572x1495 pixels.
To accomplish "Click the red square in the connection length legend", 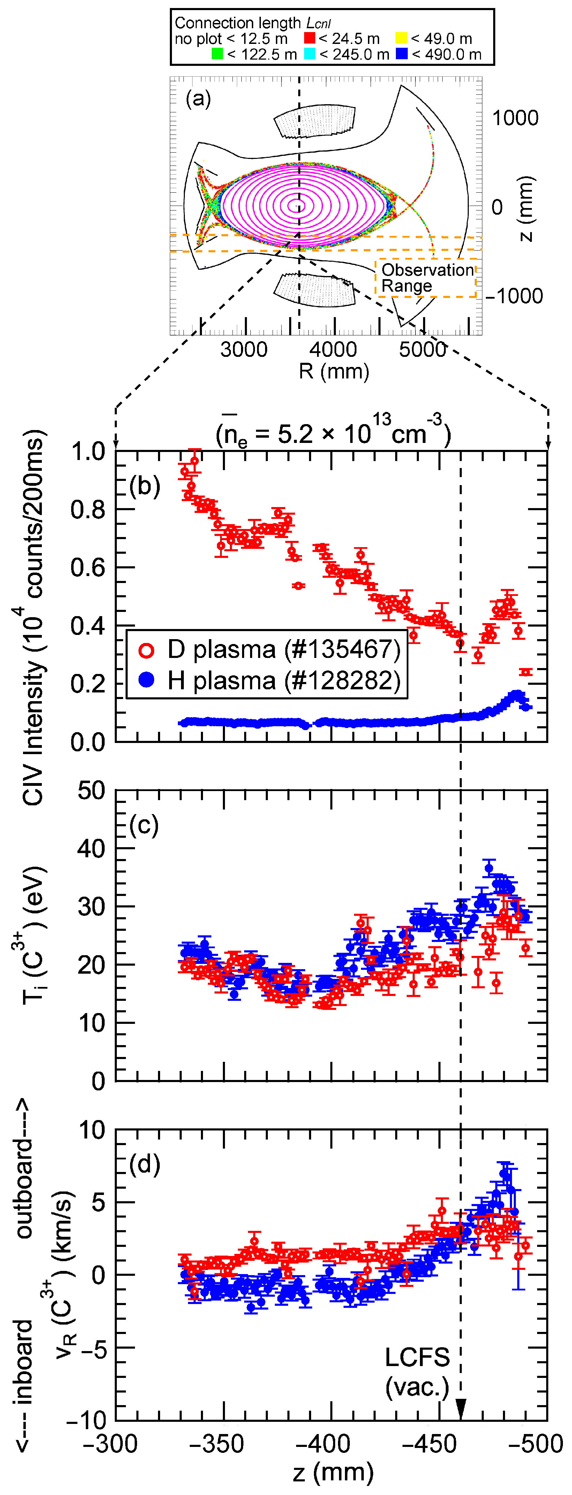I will pyautogui.click(x=309, y=38).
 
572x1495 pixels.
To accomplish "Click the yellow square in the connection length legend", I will pyautogui.click(x=401, y=38).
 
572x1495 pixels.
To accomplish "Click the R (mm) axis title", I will pyautogui.click(x=334, y=371).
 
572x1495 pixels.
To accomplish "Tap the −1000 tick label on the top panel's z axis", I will pyautogui.click(x=514, y=296).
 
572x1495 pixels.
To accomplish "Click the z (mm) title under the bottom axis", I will pyautogui.click(x=333, y=1472).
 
